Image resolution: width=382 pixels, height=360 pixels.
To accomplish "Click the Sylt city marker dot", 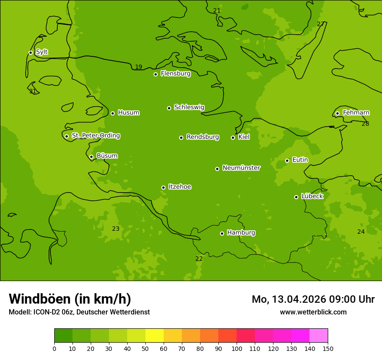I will coord(30,52).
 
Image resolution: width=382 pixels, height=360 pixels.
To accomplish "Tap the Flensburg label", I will coord(175,74).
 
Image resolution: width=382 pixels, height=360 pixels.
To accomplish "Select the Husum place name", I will coord(128,113).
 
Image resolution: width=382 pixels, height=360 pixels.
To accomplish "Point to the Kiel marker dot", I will coord(233,137).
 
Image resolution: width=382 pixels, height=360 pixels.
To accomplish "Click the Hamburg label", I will coord(241,233).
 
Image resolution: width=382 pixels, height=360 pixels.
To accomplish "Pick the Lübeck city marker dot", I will coord(296,197).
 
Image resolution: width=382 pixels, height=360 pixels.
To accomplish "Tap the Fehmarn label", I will coord(356,113).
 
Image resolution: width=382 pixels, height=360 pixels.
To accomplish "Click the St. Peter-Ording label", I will coord(95,136).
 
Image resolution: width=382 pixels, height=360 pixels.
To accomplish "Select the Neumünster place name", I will coord(241,168).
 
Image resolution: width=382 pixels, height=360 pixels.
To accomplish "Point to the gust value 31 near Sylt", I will coord(33,91).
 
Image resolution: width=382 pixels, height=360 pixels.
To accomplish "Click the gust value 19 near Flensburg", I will coord(138,67).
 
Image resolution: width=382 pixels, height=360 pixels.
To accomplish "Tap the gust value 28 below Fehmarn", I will coord(365,124).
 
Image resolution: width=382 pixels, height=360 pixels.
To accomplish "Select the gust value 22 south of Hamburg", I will coord(199,259).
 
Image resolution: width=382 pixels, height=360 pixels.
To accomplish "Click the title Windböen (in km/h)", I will coord(70,299).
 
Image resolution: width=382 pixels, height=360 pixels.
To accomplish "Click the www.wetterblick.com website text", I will coord(313,312).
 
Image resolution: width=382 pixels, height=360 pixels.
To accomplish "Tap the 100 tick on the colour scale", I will coord(237,348).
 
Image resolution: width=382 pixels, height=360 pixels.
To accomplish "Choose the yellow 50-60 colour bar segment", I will coord(155,336).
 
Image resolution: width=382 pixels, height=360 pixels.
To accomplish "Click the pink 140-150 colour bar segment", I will coord(319,336).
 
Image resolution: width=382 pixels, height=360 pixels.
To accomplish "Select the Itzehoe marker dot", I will coord(163,187).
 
